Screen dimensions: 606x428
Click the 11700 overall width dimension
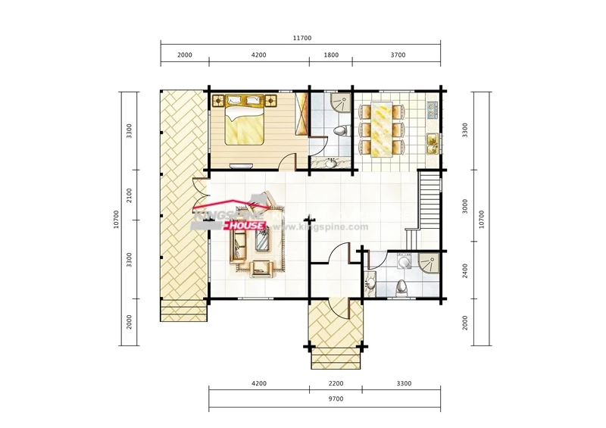[x=301, y=38]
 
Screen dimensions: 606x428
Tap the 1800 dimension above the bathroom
[x=331, y=55]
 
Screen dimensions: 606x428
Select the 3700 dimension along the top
[x=398, y=55]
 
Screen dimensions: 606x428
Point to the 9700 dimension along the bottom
[x=336, y=398]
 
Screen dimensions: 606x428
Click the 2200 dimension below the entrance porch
[x=336, y=383]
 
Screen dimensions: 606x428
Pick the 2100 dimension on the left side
[x=129, y=195]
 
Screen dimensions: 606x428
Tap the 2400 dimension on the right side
[x=465, y=270]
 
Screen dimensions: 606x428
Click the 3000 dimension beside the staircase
[x=465, y=206]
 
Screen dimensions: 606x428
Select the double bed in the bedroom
[x=245, y=120]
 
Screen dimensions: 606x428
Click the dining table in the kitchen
[x=382, y=129]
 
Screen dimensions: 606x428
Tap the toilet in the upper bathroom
[x=341, y=131]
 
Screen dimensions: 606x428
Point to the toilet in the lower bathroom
[x=402, y=288]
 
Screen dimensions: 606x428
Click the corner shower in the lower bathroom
[x=429, y=263]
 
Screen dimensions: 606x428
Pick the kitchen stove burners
[x=432, y=110]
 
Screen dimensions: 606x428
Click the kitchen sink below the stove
[x=432, y=143]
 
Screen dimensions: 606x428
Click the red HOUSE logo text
[x=245, y=226]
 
